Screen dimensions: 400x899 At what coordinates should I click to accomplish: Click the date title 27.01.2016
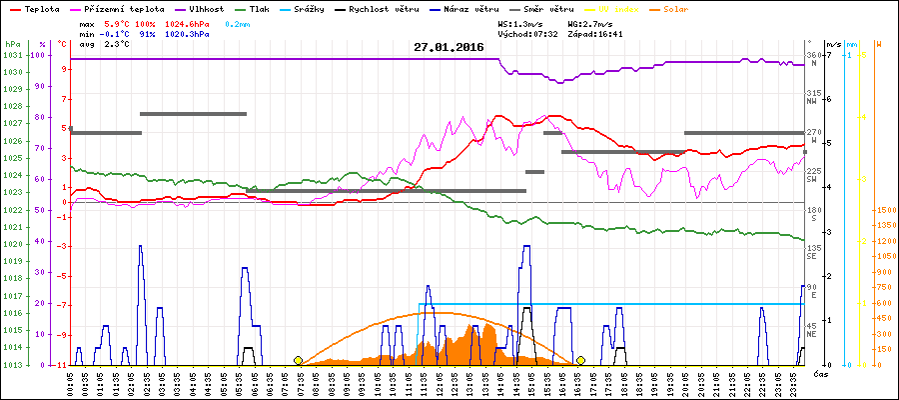(449, 47)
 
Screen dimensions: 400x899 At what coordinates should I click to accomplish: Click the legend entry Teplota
(40, 7)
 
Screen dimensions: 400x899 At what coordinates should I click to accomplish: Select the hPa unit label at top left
(11, 44)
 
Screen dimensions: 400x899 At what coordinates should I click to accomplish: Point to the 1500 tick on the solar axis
(885, 211)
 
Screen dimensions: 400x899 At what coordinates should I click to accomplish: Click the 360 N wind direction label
(812, 59)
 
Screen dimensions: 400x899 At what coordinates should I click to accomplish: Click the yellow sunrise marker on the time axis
(298, 360)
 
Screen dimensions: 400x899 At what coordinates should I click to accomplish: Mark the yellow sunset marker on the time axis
(580, 360)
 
